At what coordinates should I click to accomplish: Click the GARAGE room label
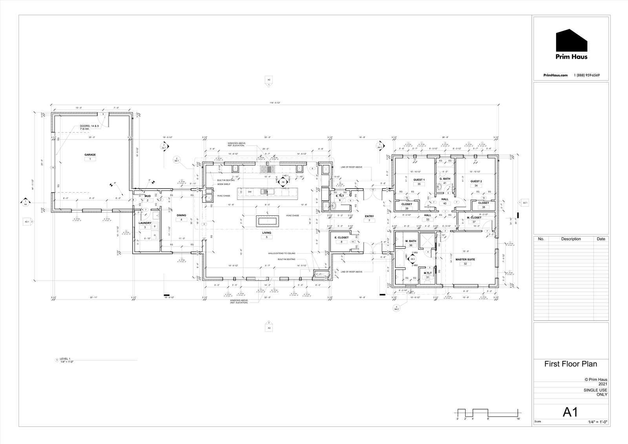pos(90,155)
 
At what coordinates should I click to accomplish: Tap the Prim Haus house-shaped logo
pos(571,40)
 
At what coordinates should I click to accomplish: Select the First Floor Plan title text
pos(570,364)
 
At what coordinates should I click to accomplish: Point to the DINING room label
pos(181,215)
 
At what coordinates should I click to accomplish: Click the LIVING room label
pos(267,233)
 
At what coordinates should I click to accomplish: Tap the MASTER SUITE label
pos(466,259)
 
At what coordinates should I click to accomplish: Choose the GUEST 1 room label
pos(419,180)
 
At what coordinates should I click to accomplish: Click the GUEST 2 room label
pos(476,181)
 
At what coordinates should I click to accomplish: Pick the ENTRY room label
pos(369,216)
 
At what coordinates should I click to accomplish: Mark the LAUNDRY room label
pos(145,223)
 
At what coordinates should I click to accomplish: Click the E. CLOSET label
pos(341,237)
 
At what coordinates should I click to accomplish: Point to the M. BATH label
pos(411,241)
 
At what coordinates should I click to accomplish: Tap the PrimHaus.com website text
pos(555,75)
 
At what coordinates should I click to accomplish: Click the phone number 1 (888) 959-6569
pos(587,75)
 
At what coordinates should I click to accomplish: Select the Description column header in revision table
pos(571,239)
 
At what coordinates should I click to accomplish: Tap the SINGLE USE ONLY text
pos(595,392)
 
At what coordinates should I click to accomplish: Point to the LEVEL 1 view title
pos(65,359)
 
